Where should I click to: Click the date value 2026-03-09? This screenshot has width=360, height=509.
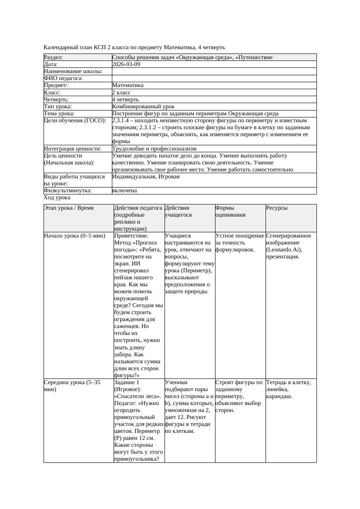(x=126, y=64)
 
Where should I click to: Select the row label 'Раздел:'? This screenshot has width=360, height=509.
(x=54, y=57)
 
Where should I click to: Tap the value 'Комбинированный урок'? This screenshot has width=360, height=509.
(x=143, y=107)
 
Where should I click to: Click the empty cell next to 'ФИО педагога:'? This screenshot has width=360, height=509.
(x=213, y=78)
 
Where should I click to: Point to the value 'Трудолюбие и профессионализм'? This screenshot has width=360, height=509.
(x=154, y=149)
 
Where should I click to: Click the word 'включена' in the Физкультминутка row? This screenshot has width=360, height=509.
(x=124, y=191)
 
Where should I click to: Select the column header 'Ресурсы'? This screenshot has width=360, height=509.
(x=277, y=208)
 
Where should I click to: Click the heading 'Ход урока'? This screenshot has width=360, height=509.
(x=57, y=198)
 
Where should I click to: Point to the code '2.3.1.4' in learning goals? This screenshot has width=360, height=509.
(x=122, y=121)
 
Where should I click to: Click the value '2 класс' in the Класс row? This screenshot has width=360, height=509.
(x=121, y=93)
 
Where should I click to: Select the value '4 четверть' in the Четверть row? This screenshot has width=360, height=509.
(x=125, y=100)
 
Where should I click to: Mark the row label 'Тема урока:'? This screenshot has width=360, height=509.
(x=59, y=114)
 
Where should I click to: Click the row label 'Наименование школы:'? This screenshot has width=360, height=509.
(x=73, y=71)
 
